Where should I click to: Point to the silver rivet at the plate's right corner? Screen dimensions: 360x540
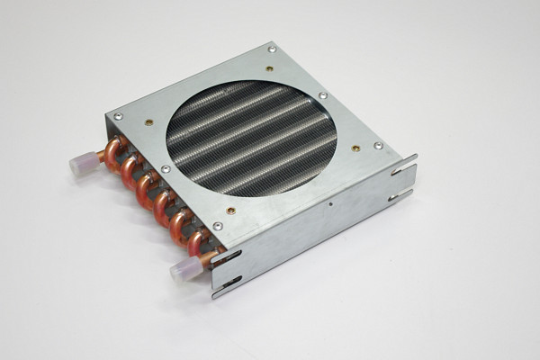pos(378,145)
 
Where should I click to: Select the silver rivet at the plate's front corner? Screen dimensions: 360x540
pos(218,225)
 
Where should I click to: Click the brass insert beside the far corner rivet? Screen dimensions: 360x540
pos(269,68)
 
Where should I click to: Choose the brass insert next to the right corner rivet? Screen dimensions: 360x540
pos(356,148)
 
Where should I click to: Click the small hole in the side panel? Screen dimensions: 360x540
pos(332,204)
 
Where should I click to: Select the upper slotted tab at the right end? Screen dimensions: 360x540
pos(405,165)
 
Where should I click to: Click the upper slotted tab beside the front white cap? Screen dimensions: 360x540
pos(225,258)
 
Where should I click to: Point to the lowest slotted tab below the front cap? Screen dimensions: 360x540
pos(226,287)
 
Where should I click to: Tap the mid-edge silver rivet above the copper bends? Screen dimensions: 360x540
pos(165,168)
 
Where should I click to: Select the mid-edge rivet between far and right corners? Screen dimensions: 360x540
pos(322,94)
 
